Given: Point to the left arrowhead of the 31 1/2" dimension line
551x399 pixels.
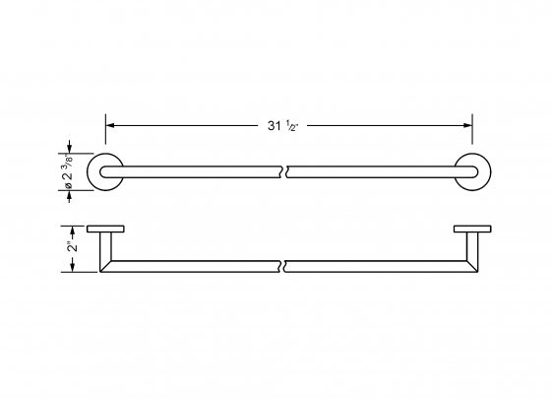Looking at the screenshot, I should [110, 126].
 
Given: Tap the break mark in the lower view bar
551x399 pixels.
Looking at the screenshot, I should [285, 266].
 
